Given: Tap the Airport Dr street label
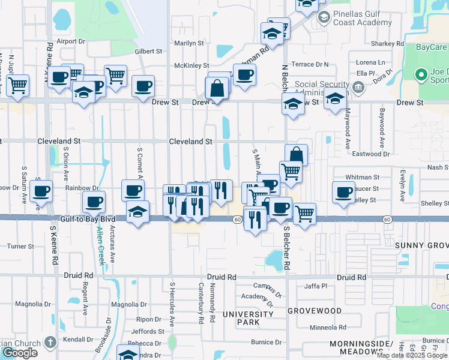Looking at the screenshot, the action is (71, 41).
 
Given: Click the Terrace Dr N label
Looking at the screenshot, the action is (310, 64).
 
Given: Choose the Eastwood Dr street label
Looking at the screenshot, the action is (371, 154).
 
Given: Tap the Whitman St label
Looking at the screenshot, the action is (363, 178).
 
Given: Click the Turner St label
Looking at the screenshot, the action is (20, 246).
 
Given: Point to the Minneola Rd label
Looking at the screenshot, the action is (328, 328).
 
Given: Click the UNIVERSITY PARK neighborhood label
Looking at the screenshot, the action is (247, 319).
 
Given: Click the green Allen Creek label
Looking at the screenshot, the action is (100, 246).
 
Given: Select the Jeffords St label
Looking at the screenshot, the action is (148, 331).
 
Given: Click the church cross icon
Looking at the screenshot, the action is (50, 343).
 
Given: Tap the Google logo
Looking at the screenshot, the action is (20, 353).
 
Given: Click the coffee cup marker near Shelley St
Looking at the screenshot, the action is (343, 193).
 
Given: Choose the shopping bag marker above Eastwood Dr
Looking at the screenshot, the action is (296, 155).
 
